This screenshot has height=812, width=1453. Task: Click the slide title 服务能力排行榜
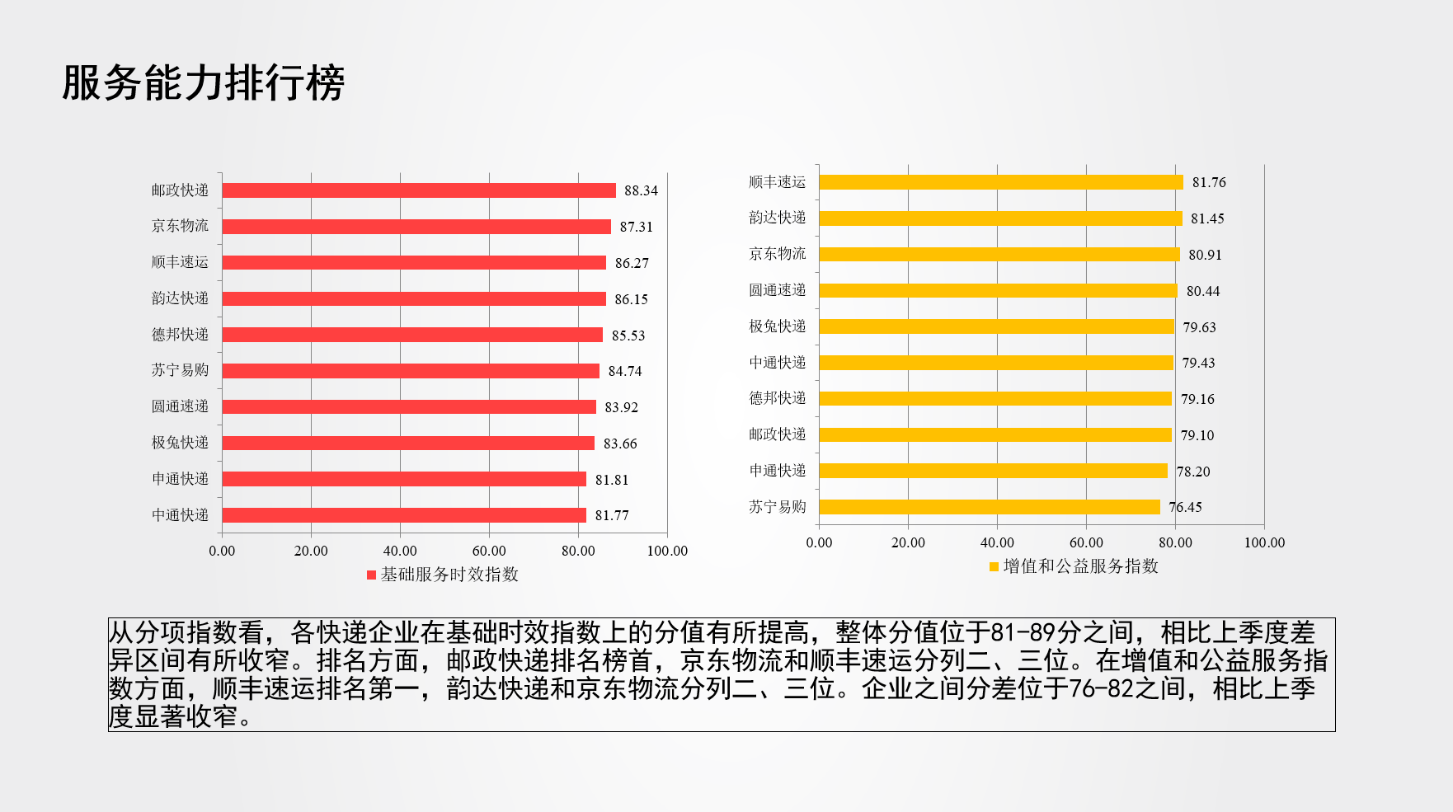pyautogui.click(x=203, y=83)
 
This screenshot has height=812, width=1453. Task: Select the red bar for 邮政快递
pyautogui.click(x=419, y=190)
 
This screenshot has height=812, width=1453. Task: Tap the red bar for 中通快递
pyautogui.click(x=404, y=515)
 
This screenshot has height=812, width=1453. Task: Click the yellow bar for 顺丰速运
pyautogui.click(x=1001, y=182)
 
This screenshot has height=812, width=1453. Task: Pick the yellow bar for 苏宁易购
pyautogui.click(x=990, y=507)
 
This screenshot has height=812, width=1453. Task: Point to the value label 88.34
pyautogui.click(x=641, y=190)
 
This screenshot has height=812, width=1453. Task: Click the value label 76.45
pyautogui.click(x=1185, y=507)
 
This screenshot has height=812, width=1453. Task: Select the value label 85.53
pyautogui.click(x=628, y=336)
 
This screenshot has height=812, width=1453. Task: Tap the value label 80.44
pyautogui.click(x=1203, y=291)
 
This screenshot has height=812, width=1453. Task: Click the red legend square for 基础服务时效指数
pyautogui.click(x=371, y=575)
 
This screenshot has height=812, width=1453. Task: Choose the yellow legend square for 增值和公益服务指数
pyautogui.click(x=994, y=566)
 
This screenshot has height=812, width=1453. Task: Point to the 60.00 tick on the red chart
pyautogui.click(x=489, y=551)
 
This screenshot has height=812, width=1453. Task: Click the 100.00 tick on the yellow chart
pyautogui.click(x=1264, y=542)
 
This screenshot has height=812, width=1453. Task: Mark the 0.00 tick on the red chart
pyautogui.click(x=222, y=551)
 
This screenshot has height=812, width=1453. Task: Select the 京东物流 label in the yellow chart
pyautogui.click(x=778, y=254)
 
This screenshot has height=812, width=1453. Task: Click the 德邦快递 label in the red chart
pyautogui.click(x=180, y=335)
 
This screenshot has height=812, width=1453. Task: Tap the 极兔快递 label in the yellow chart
pyautogui.click(x=778, y=326)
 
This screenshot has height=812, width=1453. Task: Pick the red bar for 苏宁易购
pyautogui.click(x=411, y=371)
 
